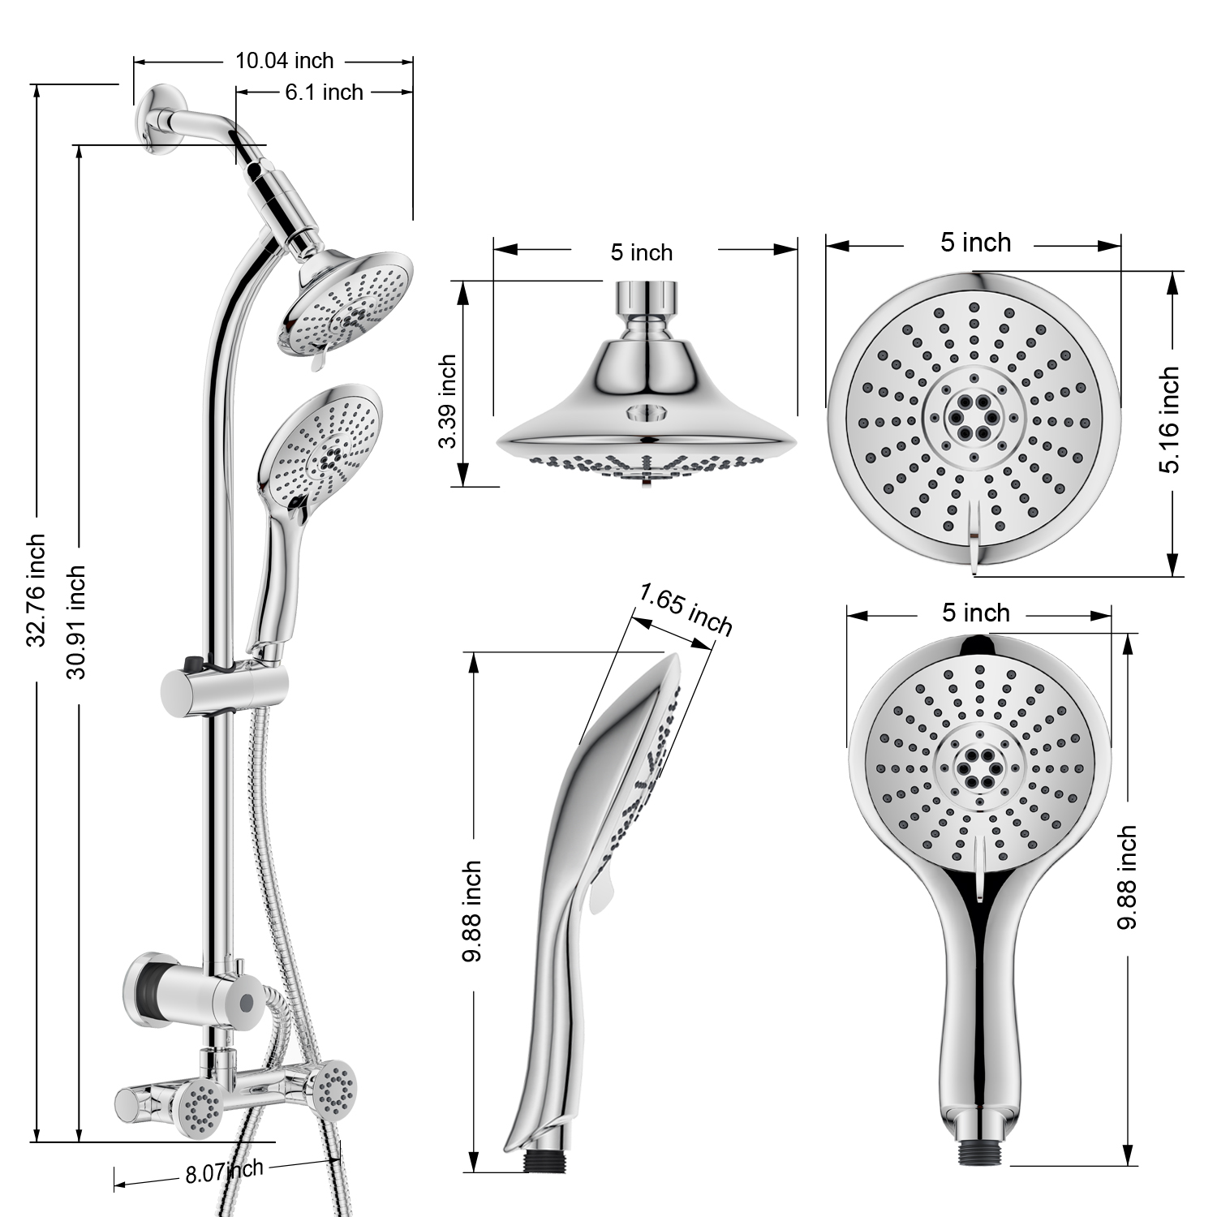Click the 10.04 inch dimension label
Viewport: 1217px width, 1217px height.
coord(284,61)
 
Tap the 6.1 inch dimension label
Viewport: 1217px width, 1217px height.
coord(324,92)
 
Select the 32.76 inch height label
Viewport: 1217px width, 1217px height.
coord(36,590)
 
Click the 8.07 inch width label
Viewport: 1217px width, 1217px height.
coord(224,1172)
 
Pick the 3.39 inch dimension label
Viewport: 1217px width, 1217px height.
coord(447,401)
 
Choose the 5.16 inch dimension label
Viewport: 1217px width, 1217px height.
coord(1169,419)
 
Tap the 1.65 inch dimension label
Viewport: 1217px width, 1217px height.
coord(686,609)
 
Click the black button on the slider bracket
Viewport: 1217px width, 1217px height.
coord(192,664)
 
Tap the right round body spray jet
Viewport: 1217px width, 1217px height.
coord(334,1089)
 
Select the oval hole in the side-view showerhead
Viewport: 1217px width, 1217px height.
coord(647,413)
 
